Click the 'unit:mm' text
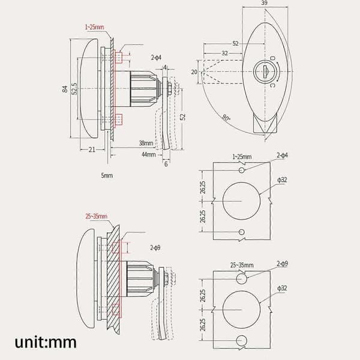pos(46,343)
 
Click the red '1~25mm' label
pos(95,27)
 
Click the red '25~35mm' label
pos(97,216)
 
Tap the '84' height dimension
pos(65,89)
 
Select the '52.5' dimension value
pos(74,89)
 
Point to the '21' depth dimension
pos(92,149)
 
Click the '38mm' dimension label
pos(146,143)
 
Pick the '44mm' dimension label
pos(149,154)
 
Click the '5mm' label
pos(107,175)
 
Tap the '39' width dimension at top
pos(264,3)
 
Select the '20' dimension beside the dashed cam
pos(194,72)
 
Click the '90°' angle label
pos(226,118)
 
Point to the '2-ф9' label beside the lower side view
pos(155,248)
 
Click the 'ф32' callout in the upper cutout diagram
pos(282,180)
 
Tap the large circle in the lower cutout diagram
pos(242,310)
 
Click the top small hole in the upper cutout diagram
pos(242,170)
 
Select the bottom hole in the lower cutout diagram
pos(242,340)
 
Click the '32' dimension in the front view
pos(224,53)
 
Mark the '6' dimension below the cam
pos(166,164)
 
